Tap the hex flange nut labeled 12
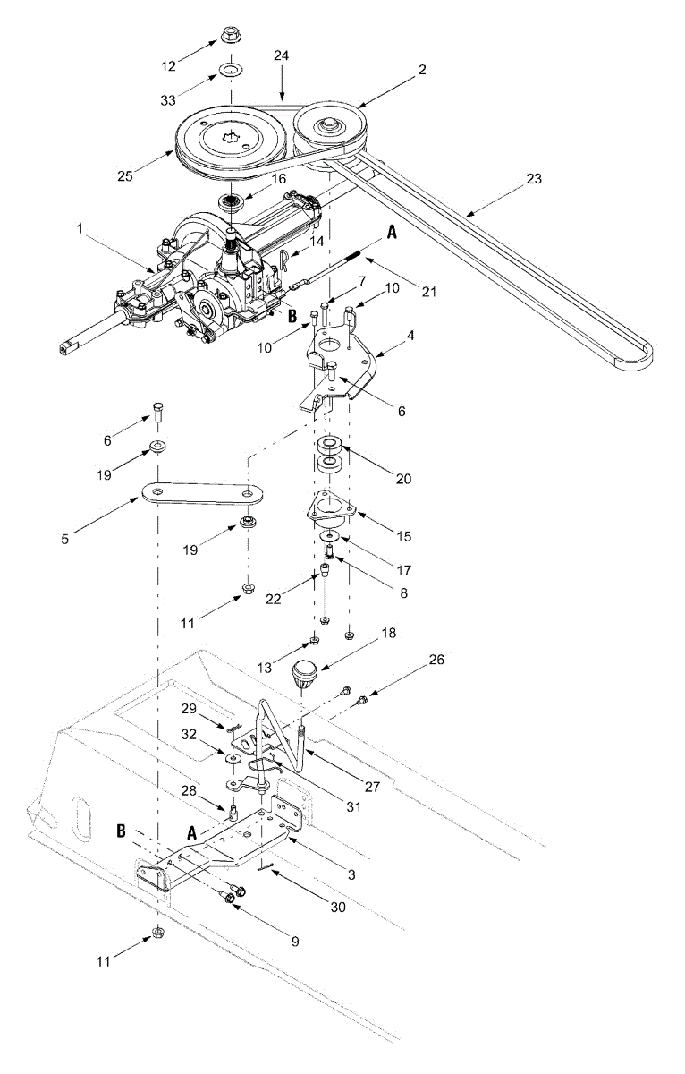coord(230,38)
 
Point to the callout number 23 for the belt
coord(534,178)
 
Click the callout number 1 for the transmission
coord(81,229)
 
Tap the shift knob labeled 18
coord(305,671)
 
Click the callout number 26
coord(435,660)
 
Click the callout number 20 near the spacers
coord(403,478)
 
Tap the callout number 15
coord(403,536)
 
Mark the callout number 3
coord(351,874)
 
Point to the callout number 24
coord(281,55)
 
